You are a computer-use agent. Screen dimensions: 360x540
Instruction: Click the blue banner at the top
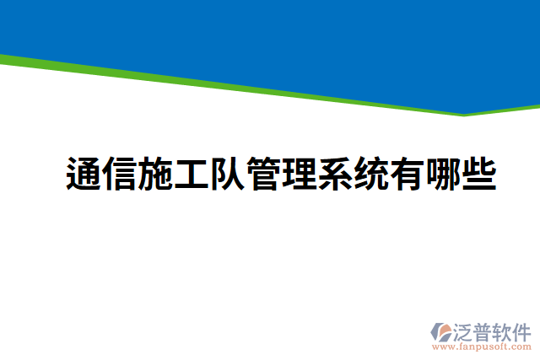point(270,34)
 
